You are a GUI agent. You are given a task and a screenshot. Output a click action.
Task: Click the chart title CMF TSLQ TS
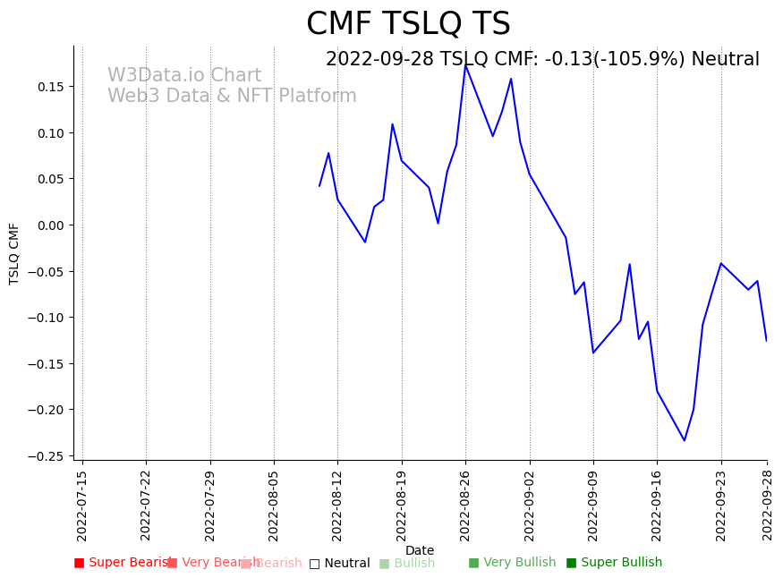(x=408, y=24)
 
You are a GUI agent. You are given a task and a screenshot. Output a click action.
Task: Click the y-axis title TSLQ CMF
(x=14, y=253)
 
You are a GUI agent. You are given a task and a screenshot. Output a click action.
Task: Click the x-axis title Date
(x=420, y=550)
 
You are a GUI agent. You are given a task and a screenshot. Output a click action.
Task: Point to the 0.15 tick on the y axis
(x=51, y=87)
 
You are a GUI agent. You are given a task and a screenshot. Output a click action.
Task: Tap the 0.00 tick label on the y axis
(x=51, y=225)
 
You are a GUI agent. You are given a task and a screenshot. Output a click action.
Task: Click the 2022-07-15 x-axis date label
(x=82, y=506)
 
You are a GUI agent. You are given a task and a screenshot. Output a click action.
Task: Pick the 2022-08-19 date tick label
(x=402, y=506)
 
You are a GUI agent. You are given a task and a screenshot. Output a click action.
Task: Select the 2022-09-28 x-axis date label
(x=767, y=506)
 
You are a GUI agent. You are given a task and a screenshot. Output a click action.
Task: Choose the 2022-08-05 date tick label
(x=274, y=506)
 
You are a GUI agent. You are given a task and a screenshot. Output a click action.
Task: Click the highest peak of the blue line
(x=465, y=65)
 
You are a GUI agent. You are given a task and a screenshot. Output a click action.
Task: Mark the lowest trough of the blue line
(x=685, y=440)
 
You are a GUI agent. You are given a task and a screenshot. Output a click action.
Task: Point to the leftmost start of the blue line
(x=319, y=186)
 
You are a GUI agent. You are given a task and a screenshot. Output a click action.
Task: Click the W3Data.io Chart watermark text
(x=184, y=76)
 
